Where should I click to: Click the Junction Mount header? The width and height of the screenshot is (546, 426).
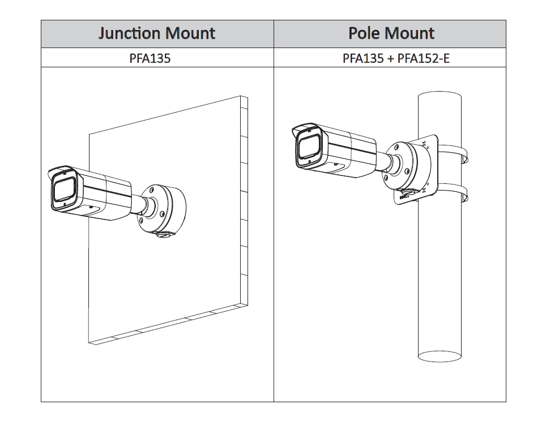coord(157,33)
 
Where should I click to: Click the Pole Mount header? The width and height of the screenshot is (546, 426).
coord(391,33)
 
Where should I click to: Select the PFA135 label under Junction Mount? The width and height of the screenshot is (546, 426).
coord(150,58)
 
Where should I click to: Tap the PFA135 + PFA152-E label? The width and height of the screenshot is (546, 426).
coord(396,58)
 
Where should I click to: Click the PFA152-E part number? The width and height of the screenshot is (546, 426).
coord(424,58)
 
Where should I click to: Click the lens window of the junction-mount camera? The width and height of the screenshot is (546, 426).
coord(64,190)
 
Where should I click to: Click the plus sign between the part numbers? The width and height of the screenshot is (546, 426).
coord(390,58)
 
